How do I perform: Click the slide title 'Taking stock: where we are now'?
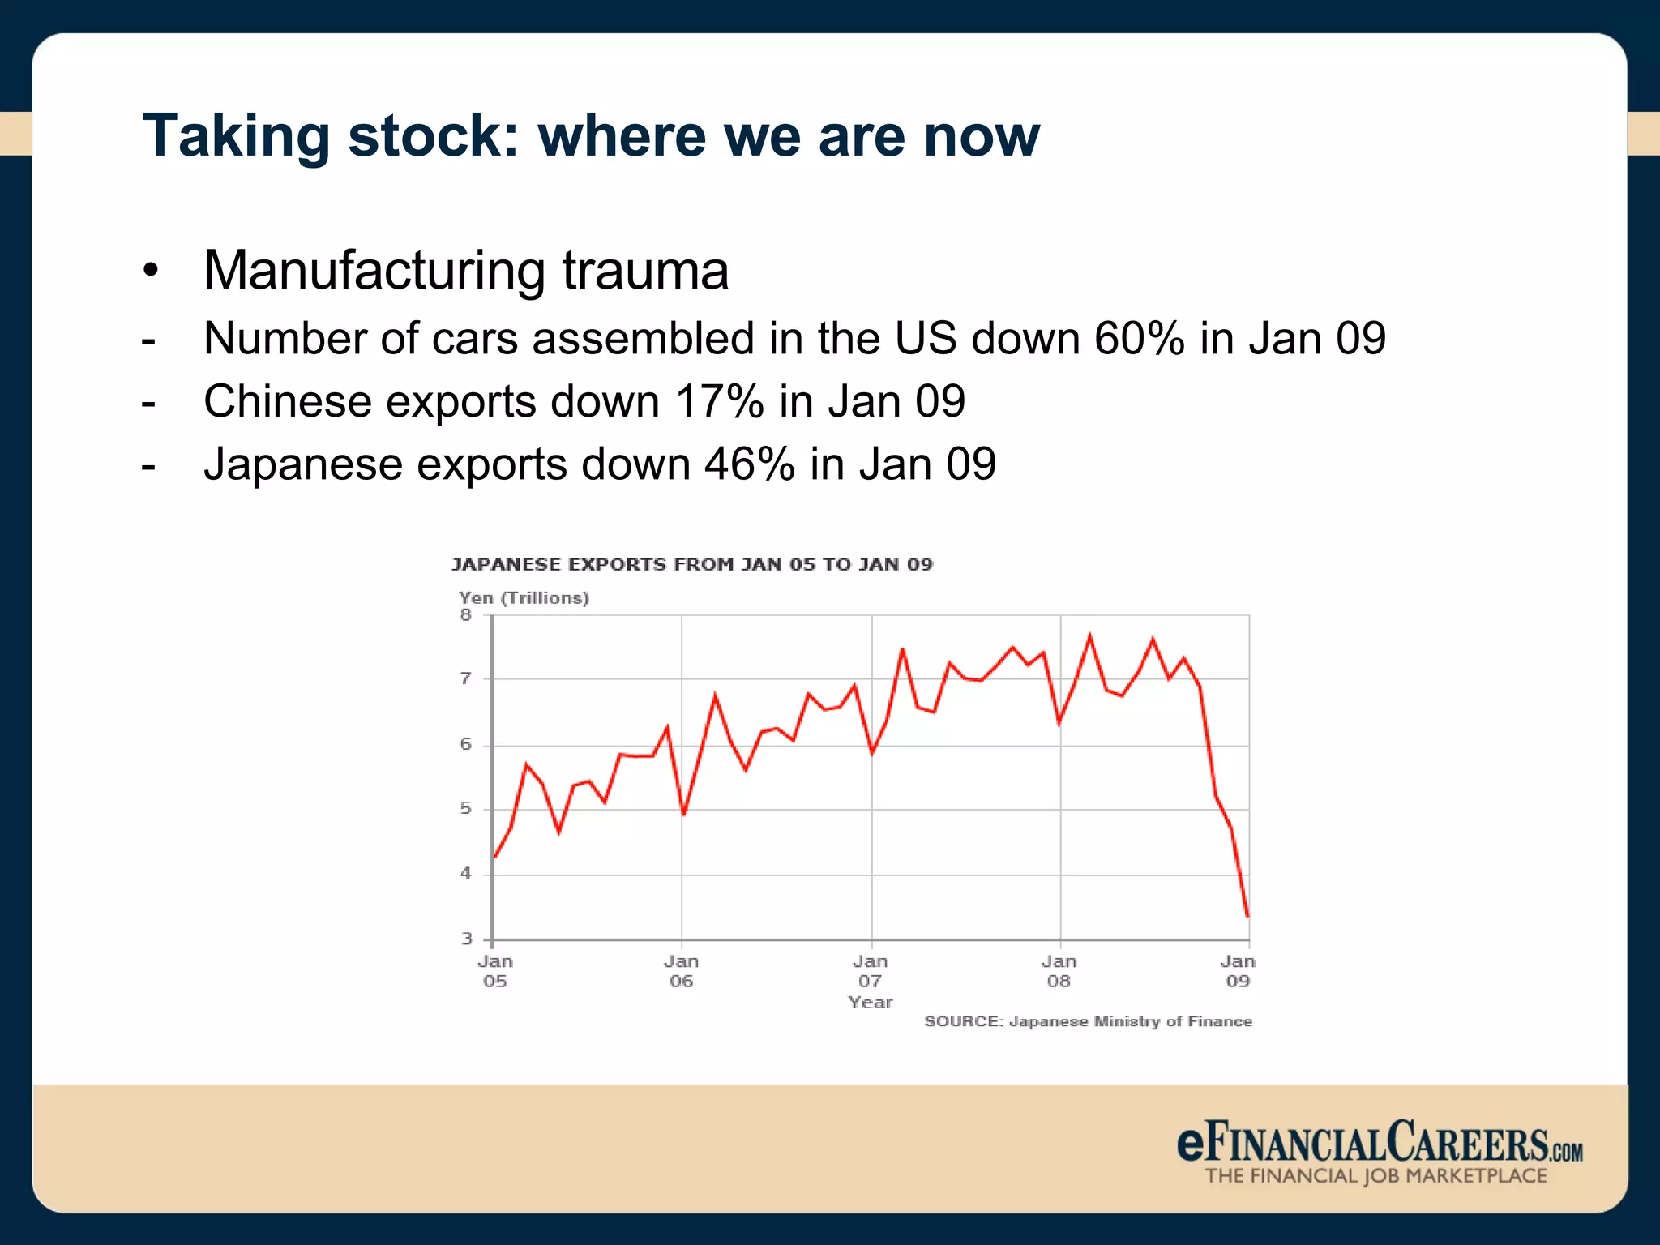pos(591,135)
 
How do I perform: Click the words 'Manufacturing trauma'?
pos(466,270)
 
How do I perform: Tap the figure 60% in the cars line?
pos(1139,338)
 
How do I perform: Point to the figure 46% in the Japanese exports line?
pos(750,464)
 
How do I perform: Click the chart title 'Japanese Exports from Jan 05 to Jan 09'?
pos(691,564)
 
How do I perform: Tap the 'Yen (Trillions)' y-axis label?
pos(524,598)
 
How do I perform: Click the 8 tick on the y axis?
pos(466,615)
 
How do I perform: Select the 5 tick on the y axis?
pos(466,809)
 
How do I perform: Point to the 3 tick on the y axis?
pos(466,939)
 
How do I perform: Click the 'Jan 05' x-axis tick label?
pos(494,971)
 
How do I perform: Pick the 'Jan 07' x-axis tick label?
pos(871,971)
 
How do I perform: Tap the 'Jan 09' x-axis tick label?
pos(1238,971)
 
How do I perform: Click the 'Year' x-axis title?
pos(871,1003)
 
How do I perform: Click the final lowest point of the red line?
pos(1247,917)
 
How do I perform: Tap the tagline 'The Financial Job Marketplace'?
pos(1375,1176)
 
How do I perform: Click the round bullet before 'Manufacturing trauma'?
pos(150,272)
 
